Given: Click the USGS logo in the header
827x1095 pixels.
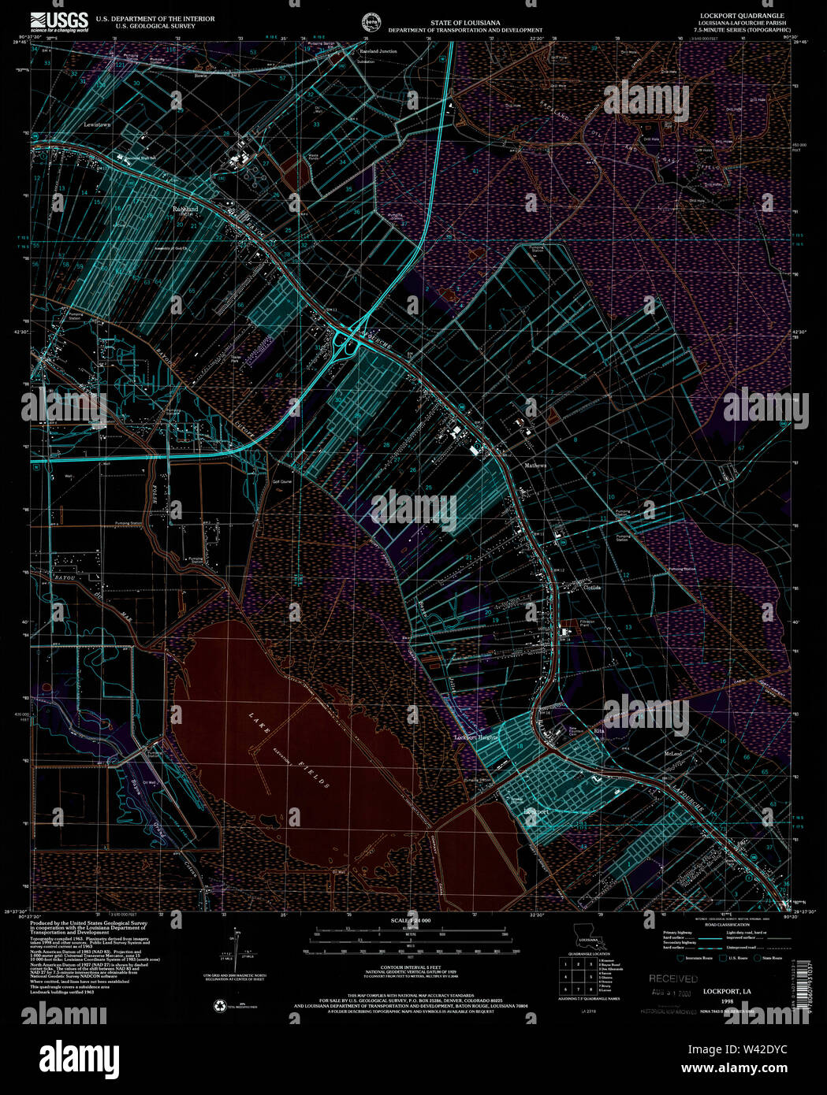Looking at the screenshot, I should (x=59, y=20).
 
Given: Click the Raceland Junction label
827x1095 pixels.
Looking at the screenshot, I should (x=378, y=51).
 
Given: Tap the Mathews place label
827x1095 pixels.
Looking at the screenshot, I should (x=536, y=466).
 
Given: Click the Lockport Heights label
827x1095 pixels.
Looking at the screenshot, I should (x=476, y=737).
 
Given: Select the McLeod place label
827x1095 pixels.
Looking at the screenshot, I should (x=672, y=753).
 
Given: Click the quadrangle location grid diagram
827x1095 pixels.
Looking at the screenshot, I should (x=578, y=975).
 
